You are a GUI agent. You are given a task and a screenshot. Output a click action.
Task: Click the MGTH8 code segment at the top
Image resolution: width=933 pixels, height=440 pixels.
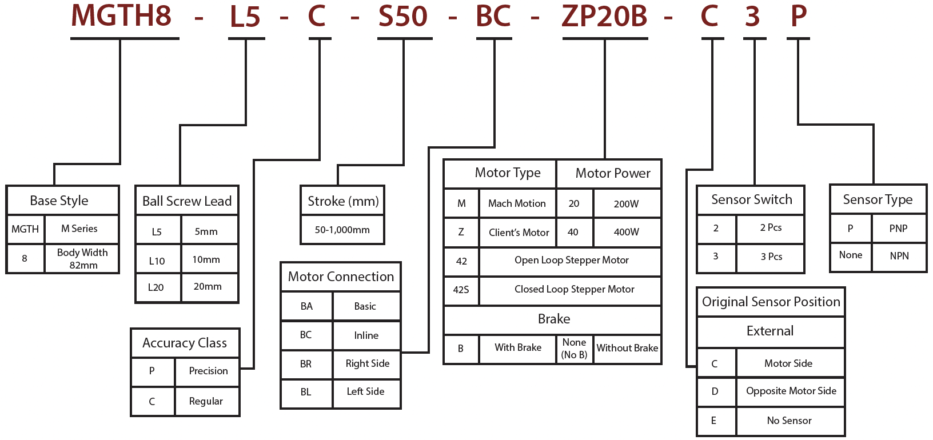pyautogui.click(x=121, y=16)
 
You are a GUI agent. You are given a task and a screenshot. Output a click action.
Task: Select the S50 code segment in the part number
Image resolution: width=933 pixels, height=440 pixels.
pyautogui.click(x=403, y=16)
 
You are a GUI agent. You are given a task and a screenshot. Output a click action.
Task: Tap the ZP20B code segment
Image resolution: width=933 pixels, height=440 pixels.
pyautogui.click(x=604, y=16)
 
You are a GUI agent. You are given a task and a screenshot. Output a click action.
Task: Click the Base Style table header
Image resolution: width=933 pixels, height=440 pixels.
pyautogui.click(x=59, y=201)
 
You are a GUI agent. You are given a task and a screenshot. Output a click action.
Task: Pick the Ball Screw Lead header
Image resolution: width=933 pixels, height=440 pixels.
pyautogui.click(x=187, y=201)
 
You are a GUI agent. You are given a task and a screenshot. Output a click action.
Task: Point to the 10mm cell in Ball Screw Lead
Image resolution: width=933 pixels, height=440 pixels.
pyautogui.click(x=206, y=259)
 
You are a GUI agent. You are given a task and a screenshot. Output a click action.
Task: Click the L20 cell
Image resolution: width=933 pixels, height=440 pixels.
pyautogui.click(x=156, y=287)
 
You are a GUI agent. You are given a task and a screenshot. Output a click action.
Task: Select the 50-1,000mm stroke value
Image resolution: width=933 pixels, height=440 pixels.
pyautogui.click(x=342, y=230)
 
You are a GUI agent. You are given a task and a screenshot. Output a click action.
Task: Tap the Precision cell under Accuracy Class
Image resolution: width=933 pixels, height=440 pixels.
pyautogui.click(x=208, y=371)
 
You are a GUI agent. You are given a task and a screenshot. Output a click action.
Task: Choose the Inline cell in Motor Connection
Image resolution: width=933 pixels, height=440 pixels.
pyautogui.click(x=366, y=335)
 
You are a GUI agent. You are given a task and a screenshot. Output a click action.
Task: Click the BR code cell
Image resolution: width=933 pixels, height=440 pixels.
pyautogui.click(x=306, y=364)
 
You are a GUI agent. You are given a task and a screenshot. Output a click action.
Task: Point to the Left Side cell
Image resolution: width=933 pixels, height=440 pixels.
pyautogui.click(x=366, y=391)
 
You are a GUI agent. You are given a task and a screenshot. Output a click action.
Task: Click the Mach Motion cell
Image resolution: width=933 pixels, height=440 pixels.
pyautogui.click(x=517, y=203)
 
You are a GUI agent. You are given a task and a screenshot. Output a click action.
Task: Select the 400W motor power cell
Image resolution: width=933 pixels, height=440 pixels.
pyautogui.click(x=627, y=232)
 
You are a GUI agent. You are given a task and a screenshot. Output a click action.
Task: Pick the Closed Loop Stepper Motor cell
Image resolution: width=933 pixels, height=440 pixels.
pyautogui.click(x=574, y=289)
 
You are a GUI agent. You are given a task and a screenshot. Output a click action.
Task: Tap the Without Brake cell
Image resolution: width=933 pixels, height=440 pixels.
pyautogui.click(x=627, y=348)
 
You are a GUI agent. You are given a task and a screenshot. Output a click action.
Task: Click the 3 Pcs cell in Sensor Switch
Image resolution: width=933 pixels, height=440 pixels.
pyautogui.click(x=771, y=257)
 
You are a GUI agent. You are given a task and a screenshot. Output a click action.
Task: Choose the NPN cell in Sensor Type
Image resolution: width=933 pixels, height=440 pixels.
pyautogui.click(x=899, y=256)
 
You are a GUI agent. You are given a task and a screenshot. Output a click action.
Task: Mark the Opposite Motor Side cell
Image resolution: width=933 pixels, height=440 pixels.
pyautogui.click(x=791, y=391)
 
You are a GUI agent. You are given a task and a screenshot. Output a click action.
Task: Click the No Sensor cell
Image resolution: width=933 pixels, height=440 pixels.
pyautogui.click(x=790, y=421)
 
